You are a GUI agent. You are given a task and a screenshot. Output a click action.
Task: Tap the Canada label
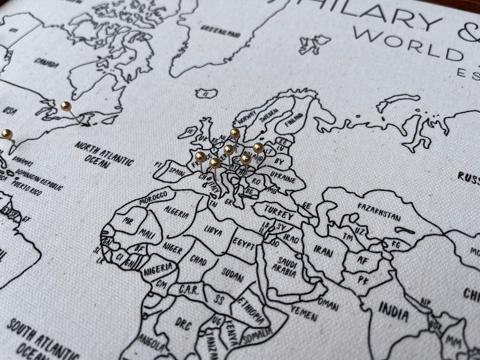pos(46,63)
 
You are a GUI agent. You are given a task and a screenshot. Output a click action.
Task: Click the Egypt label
pos(244,244)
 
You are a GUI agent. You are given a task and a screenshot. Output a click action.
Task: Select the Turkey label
pos(279,212)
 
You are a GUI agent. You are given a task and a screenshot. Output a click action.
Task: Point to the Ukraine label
pos(283,177)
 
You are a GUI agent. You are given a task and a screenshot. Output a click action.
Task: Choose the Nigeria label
pos(158,269)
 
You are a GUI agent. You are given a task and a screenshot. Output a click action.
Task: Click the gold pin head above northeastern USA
pos(66,106)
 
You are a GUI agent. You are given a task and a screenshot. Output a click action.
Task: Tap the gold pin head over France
pos(200,157)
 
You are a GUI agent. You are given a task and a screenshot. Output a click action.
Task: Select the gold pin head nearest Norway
pos(235,133)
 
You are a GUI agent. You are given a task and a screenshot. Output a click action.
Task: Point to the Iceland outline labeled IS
pos(207,93)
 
